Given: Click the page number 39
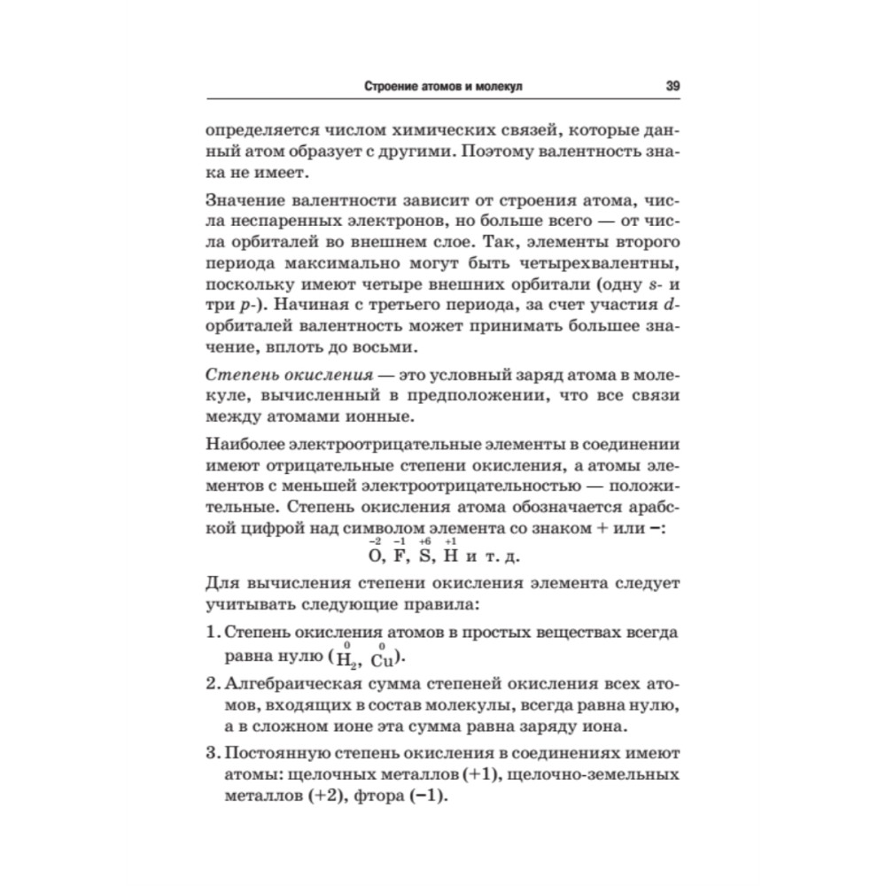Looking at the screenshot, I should (671, 87).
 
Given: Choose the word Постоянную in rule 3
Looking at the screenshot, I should (278, 754).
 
